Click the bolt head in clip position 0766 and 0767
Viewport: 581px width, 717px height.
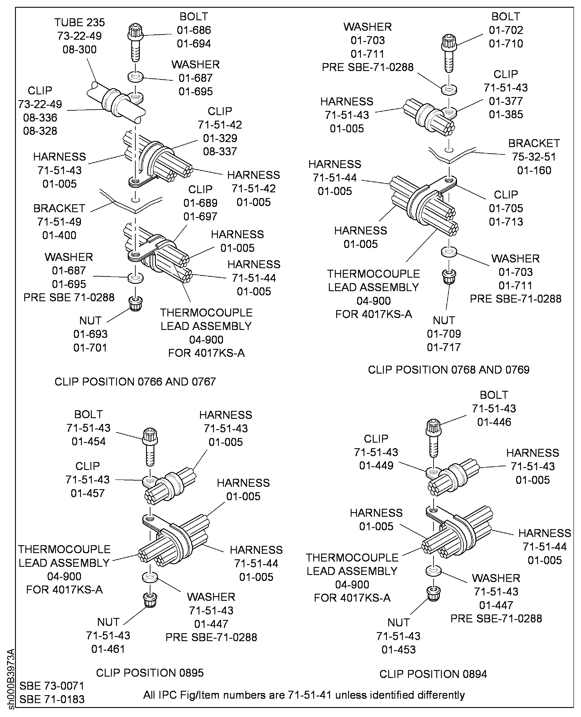click(x=135, y=31)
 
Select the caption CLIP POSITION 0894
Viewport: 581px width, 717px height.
click(x=433, y=674)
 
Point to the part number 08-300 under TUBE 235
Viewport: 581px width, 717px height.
click(x=79, y=50)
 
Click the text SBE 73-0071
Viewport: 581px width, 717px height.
click(x=52, y=686)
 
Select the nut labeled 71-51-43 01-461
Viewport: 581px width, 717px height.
click(x=150, y=600)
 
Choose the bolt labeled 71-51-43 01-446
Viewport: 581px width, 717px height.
click(x=433, y=437)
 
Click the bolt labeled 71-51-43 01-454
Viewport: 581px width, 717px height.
click(x=150, y=446)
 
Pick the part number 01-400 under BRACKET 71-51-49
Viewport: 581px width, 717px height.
click(x=59, y=235)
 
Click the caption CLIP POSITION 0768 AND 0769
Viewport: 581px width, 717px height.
click(x=448, y=370)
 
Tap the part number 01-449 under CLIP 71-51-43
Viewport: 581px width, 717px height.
click(x=376, y=465)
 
